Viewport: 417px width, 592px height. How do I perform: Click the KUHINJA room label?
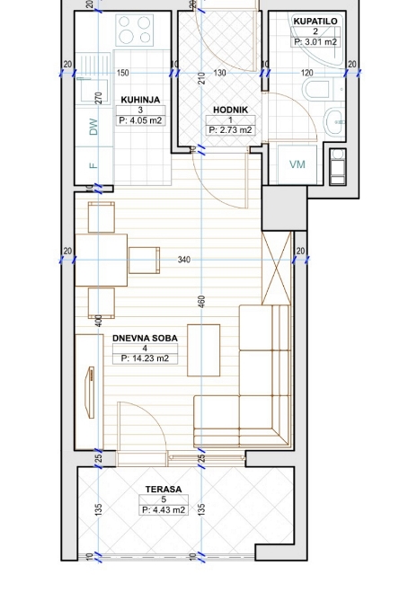(140, 100)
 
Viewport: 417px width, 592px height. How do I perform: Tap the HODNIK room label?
(230, 110)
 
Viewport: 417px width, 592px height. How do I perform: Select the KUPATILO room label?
(315, 22)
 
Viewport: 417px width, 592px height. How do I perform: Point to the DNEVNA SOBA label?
(145, 338)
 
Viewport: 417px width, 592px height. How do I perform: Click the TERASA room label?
(164, 489)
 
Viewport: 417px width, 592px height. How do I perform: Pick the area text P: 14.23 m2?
(145, 358)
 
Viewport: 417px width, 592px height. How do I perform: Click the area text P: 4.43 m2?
(164, 510)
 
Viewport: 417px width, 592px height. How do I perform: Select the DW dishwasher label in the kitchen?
(93, 127)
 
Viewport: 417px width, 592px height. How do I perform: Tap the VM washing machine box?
(297, 164)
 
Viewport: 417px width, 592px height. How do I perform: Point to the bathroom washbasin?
(334, 121)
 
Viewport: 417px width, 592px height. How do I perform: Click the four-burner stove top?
(135, 31)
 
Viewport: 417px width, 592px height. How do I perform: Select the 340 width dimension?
(184, 260)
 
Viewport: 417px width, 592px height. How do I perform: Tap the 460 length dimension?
(201, 303)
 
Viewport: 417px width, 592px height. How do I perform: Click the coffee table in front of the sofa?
(204, 350)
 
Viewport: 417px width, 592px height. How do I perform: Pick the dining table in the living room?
(102, 261)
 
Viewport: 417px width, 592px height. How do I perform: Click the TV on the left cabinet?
(90, 393)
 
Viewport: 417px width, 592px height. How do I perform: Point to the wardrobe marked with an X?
(277, 269)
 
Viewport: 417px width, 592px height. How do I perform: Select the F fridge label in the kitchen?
(93, 165)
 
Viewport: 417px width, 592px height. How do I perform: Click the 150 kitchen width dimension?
(123, 73)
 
